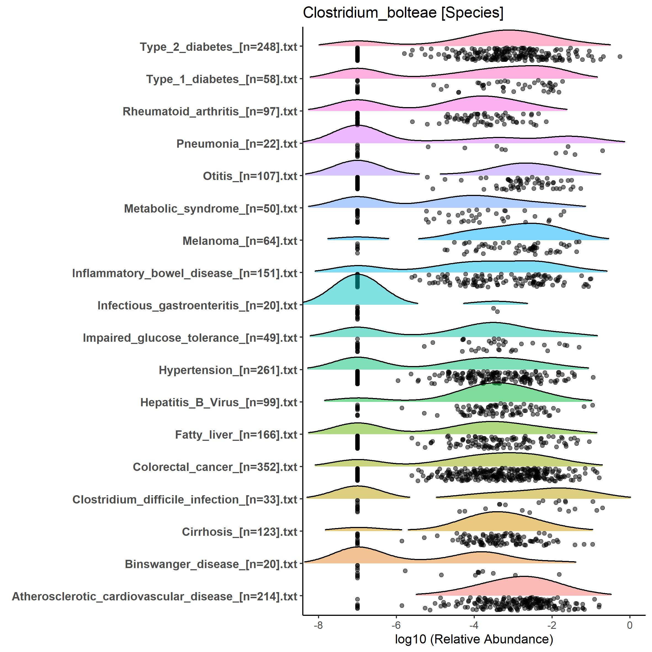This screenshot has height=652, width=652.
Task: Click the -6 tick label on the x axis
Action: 396,625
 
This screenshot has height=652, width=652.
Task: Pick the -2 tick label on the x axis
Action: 552,625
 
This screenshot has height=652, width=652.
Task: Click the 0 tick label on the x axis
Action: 629,625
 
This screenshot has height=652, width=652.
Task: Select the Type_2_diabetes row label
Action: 218,47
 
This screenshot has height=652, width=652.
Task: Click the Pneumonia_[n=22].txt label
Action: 237,144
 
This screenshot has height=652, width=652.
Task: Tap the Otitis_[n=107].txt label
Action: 250,176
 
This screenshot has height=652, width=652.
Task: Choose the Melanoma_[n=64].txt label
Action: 240,241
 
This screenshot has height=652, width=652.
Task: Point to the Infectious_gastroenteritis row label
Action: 197,305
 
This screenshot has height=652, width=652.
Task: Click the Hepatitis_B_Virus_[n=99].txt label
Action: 219,402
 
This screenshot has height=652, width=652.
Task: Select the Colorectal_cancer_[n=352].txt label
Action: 215,467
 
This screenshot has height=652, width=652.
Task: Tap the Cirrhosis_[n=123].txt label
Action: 239,532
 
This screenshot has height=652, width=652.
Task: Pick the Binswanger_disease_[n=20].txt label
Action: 211,564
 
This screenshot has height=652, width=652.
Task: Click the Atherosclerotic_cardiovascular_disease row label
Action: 155,596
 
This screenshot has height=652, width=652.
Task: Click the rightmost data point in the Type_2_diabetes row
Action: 620,57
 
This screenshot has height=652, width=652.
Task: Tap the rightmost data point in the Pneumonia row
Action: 602,150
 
